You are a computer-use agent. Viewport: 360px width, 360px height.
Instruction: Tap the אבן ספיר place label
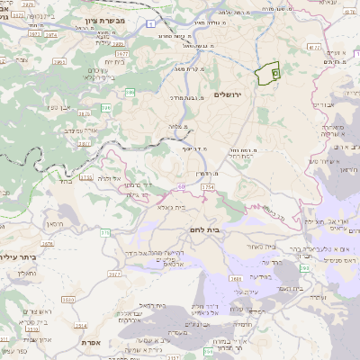pyautogui.click(x=53, y=106)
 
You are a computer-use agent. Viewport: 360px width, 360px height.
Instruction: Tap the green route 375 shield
pyautogui.click(x=104, y=233)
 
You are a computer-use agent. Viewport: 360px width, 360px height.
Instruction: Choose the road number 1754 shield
pyautogui.click(x=208, y=186)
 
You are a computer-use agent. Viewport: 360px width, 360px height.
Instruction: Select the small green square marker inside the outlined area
pyautogui.click(x=274, y=72)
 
